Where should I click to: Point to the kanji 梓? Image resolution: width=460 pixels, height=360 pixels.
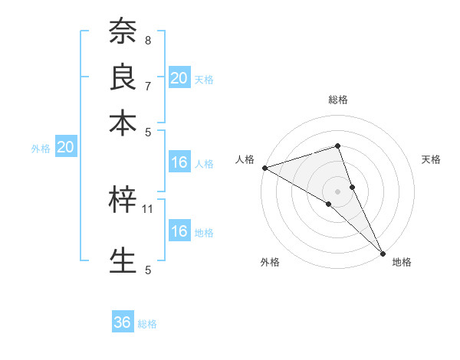point(123,201)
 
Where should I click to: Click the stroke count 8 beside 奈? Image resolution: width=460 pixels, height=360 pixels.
point(148,40)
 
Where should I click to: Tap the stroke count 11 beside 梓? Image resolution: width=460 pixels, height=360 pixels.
point(148,208)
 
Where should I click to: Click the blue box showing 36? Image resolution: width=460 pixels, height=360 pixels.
point(123,322)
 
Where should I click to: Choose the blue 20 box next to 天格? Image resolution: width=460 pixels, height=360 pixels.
point(179,77)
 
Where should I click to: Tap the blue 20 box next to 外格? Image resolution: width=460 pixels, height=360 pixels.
point(65,148)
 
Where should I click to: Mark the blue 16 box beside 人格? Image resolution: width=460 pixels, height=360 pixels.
point(179,162)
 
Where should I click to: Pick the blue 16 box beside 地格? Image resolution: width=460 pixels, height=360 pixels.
point(179,231)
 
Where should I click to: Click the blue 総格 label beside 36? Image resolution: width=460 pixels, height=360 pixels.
point(147,324)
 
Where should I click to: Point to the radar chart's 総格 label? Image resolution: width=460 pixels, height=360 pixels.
point(338,100)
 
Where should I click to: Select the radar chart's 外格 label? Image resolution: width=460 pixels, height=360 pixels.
point(269,263)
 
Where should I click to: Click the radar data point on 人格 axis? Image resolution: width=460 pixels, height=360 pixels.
point(264,167)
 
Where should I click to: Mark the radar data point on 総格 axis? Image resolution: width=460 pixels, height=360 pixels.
point(337,146)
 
